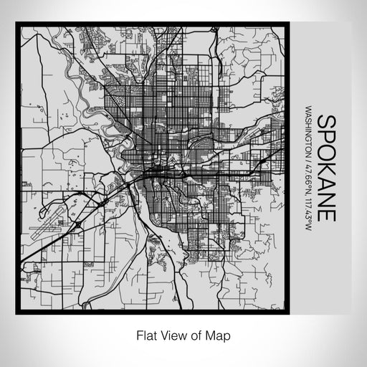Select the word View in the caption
168,335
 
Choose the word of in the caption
191,335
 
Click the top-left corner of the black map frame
17,24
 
